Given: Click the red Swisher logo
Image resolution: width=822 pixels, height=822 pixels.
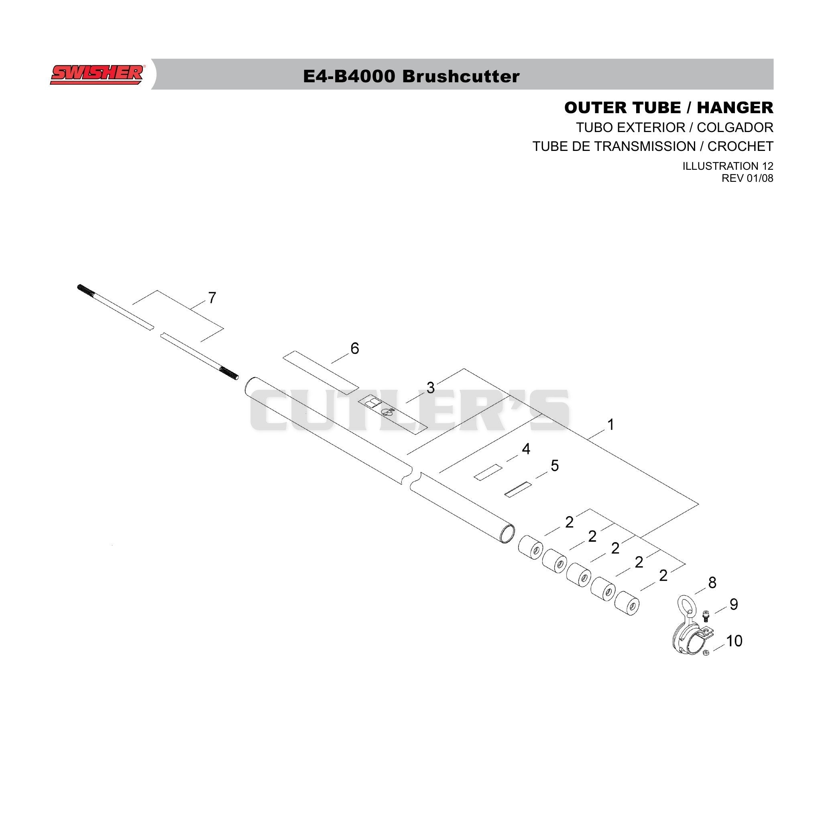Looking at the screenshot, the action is click(97, 75).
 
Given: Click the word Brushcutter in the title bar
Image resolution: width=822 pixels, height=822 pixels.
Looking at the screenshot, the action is click(461, 77).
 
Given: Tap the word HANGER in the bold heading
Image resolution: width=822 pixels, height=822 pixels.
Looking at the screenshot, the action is click(735, 108).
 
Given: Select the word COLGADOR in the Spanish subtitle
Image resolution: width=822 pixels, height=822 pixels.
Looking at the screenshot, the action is click(735, 127).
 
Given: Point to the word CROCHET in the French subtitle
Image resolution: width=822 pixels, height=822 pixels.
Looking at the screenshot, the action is click(740, 146).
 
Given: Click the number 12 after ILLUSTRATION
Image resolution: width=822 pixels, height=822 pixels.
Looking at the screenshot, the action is click(765, 166).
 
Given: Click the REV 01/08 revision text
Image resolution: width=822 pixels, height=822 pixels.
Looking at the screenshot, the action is click(747, 178).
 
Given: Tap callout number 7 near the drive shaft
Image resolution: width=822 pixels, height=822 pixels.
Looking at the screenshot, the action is click(212, 298).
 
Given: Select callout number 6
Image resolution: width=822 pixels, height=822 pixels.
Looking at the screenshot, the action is click(354, 348).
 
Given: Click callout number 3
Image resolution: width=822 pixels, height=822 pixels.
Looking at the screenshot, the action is click(431, 388).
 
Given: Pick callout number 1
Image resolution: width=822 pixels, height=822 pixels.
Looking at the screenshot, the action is click(610, 425).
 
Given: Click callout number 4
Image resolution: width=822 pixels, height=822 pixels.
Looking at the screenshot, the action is click(526, 449).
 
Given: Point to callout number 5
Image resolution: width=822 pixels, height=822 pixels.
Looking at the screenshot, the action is click(554, 466).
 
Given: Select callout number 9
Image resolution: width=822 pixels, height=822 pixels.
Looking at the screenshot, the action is click(734, 604).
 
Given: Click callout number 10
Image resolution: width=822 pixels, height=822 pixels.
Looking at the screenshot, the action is click(734, 641).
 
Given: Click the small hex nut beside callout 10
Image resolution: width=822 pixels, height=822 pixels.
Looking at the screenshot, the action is click(706, 653).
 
